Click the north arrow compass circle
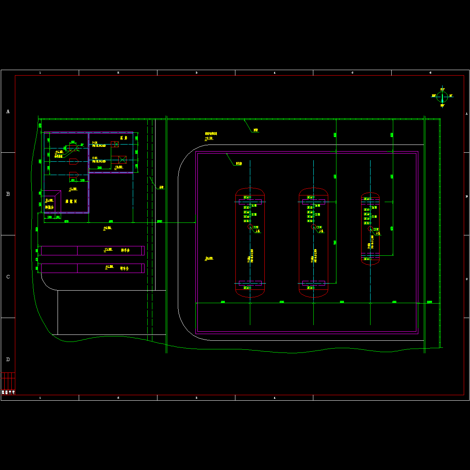point(442,96)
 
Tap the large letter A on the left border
point(8,112)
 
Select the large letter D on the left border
point(8,360)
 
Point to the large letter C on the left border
point(8,277)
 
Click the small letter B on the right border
point(466,196)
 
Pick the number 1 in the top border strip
point(40,73)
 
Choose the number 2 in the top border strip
point(118,73)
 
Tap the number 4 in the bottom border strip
point(274,398)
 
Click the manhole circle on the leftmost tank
point(250,227)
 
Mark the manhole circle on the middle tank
point(313,226)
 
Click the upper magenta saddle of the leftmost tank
point(250,202)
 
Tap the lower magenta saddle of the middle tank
point(313,283)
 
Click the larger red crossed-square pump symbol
point(122,159)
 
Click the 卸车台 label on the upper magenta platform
point(125,250)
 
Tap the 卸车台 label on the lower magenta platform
point(124,268)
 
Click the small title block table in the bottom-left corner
point(8,383)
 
